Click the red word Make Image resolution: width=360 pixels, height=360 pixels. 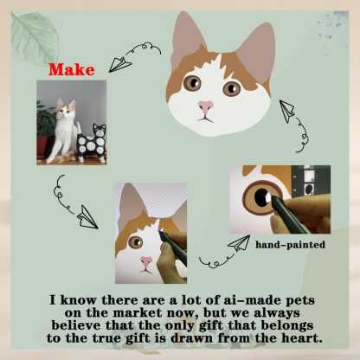(x=71, y=70)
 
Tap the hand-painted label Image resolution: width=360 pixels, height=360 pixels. (x=290, y=245)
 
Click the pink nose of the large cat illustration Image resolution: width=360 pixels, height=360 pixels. (x=206, y=106)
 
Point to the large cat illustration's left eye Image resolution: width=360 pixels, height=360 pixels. (x=192, y=82)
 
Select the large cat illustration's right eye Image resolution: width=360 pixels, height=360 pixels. (x=231, y=88)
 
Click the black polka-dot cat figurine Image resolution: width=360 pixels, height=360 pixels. (x=93, y=142)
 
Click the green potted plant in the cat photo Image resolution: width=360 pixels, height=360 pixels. (x=45, y=121)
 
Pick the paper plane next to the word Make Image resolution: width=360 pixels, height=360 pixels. (x=120, y=64)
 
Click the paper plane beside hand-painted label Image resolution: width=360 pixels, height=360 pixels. (x=239, y=244)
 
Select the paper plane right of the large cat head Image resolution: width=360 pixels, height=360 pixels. (x=286, y=111)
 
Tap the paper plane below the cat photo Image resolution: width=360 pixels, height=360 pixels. (x=87, y=217)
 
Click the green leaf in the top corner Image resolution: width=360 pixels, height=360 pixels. (x=34, y=36)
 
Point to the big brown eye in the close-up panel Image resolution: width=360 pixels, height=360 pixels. (x=262, y=198)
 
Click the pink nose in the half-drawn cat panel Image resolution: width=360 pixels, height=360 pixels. (x=146, y=261)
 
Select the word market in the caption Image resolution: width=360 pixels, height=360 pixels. (x=137, y=312)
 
